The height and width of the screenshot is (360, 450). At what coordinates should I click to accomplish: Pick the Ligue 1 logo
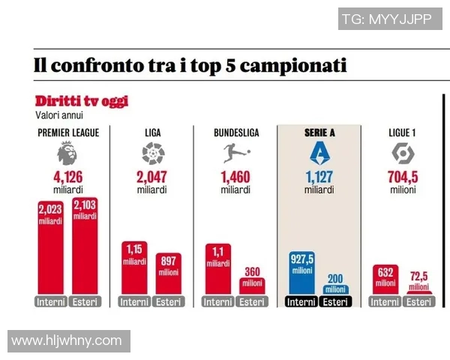(x=403, y=154)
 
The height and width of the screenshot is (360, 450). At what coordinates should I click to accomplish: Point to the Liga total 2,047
(x=151, y=178)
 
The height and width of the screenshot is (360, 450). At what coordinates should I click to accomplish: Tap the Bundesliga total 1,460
(x=236, y=178)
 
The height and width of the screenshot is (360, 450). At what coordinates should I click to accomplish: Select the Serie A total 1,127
(x=319, y=178)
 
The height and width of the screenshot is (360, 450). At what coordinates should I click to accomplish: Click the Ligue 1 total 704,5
(x=403, y=178)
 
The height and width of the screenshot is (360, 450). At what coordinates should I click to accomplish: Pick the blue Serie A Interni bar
(x=302, y=274)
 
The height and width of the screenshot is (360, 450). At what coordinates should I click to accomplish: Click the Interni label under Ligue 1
(x=385, y=301)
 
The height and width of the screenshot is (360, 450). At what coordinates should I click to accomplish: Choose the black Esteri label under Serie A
(x=335, y=301)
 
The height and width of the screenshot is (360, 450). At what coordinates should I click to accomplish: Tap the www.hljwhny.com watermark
(x=67, y=340)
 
